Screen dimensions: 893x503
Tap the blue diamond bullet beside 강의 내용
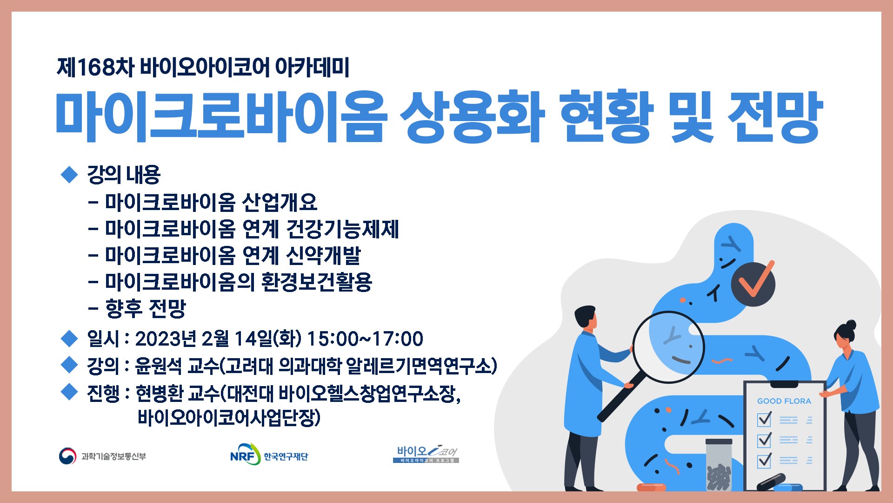pyautogui.click(x=69, y=175)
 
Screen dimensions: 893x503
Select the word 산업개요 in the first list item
pyautogui.click(x=280, y=202)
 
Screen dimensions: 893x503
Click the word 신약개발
pyautogui.click(x=323, y=255)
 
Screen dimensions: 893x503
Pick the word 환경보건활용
pyautogui.click(x=316, y=282)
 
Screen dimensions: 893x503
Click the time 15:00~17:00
pyautogui.click(x=365, y=339)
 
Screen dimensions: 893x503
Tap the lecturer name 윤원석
pyautogui.click(x=158, y=366)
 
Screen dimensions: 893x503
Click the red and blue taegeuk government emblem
pyautogui.click(x=67, y=456)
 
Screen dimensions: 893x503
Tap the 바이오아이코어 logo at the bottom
pyautogui.click(x=426, y=454)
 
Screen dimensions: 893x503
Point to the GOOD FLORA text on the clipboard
pyautogui.click(x=784, y=401)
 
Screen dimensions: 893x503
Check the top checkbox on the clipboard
pyautogui.click(x=764, y=420)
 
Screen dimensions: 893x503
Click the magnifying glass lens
pyautogui.click(x=669, y=347)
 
